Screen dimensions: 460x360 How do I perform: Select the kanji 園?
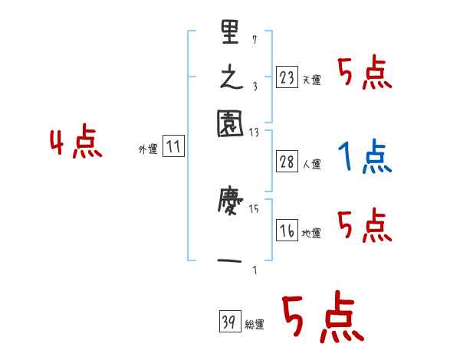click(231, 123)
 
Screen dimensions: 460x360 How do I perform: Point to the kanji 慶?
click(231, 206)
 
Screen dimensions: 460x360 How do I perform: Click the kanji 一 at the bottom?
click(231, 261)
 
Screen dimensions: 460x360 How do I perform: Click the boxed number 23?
click(287, 77)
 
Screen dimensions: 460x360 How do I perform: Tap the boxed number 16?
click(287, 231)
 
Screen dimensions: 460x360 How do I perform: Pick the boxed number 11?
click(174, 147)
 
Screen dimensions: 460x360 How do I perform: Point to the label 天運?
click(311, 80)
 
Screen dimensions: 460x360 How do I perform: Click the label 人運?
click(311, 163)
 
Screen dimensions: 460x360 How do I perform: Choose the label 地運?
click(311, 233)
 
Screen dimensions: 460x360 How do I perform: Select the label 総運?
click(255, 324)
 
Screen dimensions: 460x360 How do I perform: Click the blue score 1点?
click(363, 157)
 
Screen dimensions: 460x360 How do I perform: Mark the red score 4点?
click(76, 144)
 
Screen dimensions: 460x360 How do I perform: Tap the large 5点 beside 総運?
click(322, 318)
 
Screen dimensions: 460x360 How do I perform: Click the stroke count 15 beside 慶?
click(254, 208)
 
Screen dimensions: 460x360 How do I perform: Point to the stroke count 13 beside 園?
click(254, 132)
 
